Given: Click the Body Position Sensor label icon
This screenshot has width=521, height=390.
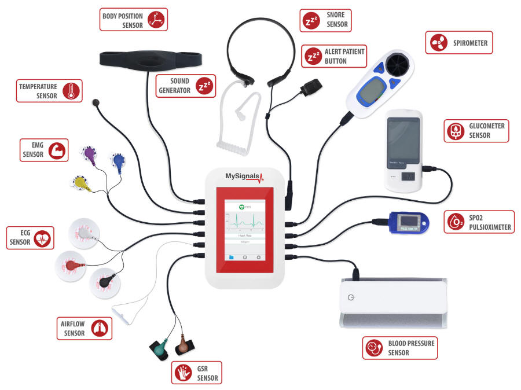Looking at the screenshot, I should [x=156, y=19].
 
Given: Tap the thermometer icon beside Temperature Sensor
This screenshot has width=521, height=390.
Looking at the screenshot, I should [x=71, y=91].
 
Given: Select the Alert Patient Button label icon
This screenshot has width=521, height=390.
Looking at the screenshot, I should [x=314, y=56].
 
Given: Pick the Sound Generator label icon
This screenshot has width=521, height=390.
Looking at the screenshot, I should [x=204, y=86].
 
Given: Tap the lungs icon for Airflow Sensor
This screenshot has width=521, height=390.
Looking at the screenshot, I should [x=101, y=328].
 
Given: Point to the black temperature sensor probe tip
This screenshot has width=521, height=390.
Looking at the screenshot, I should [x=96, y=103].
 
